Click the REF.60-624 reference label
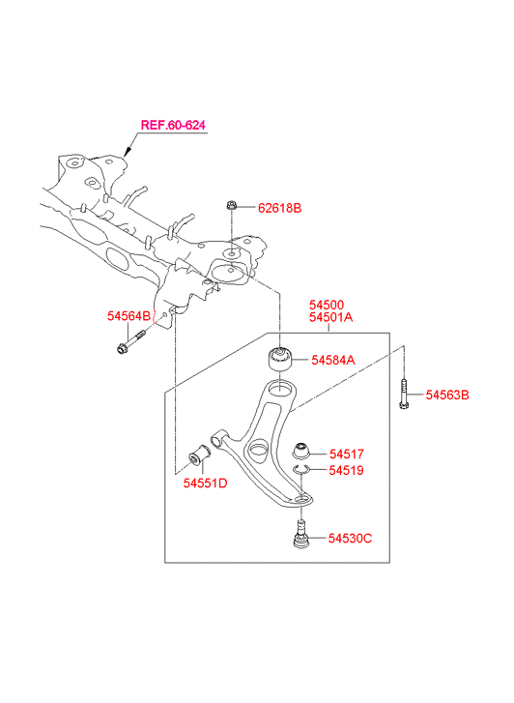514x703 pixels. coord(173,125)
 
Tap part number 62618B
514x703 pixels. coord(279,208)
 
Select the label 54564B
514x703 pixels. coord(129,316)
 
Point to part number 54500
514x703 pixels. coord(327,305)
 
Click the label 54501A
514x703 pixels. coord(330,317)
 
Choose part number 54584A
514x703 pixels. coord(333,360)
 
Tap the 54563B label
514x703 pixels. coord(447,395)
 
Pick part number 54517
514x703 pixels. coord(347,454)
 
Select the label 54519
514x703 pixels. coord(347,470)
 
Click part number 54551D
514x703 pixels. coord(205,483)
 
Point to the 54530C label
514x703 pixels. coord(350,539)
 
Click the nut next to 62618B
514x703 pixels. coord(231,206)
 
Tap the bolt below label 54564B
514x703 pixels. coord(130,341)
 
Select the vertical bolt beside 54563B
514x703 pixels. coord(404,395)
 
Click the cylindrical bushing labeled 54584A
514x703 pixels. coord(279,359)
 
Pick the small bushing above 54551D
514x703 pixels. coord(199,456)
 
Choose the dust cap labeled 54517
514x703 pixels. coord(300,451)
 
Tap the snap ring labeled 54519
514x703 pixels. coord(300,470)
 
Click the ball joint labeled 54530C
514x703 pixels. coord(300,534)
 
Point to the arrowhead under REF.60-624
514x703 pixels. coord(127,152)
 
